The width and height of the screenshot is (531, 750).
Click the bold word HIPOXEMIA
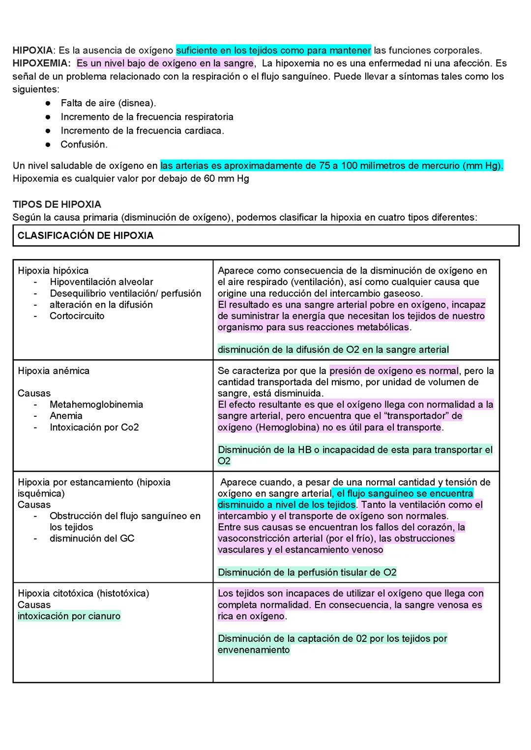click(41, 63)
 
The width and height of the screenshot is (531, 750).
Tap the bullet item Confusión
click(84, 144)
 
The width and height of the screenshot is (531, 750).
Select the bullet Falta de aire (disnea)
click(108, 103)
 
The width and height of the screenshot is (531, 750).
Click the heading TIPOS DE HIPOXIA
click(57, 204)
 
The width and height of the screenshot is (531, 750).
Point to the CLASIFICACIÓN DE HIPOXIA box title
click(86, 235)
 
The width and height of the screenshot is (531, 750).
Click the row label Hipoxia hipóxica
click(53, 271)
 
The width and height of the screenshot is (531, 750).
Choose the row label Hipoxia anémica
click(54, 371)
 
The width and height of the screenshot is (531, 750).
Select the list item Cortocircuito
click(77, 316)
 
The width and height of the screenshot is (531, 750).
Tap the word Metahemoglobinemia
click(96, 404)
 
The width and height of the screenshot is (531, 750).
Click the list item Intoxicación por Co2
click(94, 427)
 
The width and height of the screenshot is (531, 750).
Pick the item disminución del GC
click(92, 538)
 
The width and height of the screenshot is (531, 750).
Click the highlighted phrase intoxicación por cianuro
click(69, 616)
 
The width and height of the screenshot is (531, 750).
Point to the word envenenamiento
click(254, 650)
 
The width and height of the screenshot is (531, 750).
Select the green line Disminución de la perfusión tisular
click(307, 572)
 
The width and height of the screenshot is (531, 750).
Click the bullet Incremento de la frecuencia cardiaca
click(142, 131)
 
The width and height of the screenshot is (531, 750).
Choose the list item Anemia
click(66, 416)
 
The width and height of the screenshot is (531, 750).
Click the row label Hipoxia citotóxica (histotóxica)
click(83, 593)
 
